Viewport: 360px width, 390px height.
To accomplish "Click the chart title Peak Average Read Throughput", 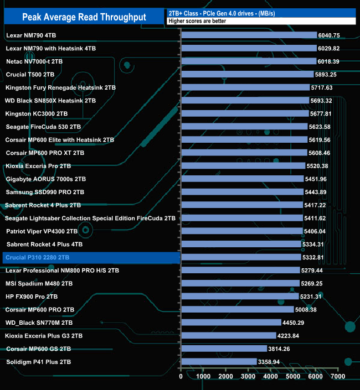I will tap(84, 17).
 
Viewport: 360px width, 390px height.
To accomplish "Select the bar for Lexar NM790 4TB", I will tap(249, 35).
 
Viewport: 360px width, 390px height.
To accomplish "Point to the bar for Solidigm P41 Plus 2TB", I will tap(219, 362).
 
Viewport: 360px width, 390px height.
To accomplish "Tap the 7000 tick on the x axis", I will tap(338, 377).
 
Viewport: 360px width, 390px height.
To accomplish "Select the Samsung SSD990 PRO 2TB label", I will tap(45, 192).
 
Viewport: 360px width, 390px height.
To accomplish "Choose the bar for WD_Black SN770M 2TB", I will tap(231, 323).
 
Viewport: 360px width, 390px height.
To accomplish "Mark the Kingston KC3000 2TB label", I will tap(37, 113).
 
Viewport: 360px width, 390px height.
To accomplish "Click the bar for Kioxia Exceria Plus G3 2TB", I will tap(228, 336).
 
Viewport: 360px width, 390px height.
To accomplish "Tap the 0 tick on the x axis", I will tap(181, 377).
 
